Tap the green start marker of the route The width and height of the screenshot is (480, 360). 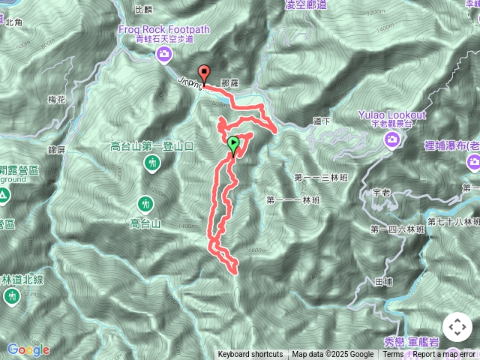pyautogui.click(x=233, y=143)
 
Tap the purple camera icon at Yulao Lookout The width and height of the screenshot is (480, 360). pyautogui.click(x=391, y=139)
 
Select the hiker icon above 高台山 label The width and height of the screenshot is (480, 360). pyautogui.click(x=145, y=203)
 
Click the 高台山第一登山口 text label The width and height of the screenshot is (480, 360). pyautogui.click(x=152, y=146)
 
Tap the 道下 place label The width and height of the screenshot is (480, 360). pyautogui.click(x=322, y=120)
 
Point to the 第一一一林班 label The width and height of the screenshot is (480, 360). pyautogui.click(x=292, y=200)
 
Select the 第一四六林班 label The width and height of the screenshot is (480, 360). pyautogui.click(x=394, y=228)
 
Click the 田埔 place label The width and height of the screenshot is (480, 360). pyautogui.click(x=382, y=282)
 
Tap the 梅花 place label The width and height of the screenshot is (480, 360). pyautogui.click(x=56, y=99)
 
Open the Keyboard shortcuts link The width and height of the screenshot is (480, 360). pyautogui.click(x=250, y=355)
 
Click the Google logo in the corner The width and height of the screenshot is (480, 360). pyautogui.click(x=28, y=349)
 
